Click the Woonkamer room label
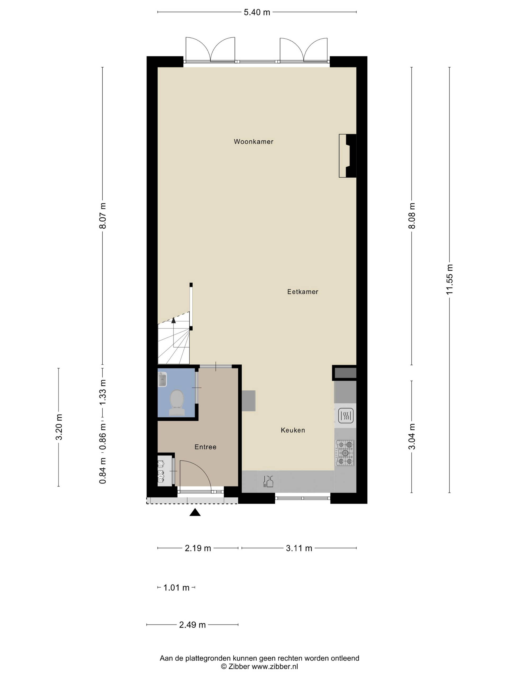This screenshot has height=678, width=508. coord(253,141)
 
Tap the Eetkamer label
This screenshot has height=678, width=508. coord(302,292)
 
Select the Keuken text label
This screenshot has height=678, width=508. coord(293,430)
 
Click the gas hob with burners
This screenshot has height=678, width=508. coord(345,453)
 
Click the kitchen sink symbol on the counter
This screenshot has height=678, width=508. coord(268,481)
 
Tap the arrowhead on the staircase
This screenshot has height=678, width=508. coord(174,320)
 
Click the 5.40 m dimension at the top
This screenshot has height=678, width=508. coord(257,12)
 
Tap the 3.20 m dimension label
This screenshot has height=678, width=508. coord(59,427)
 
